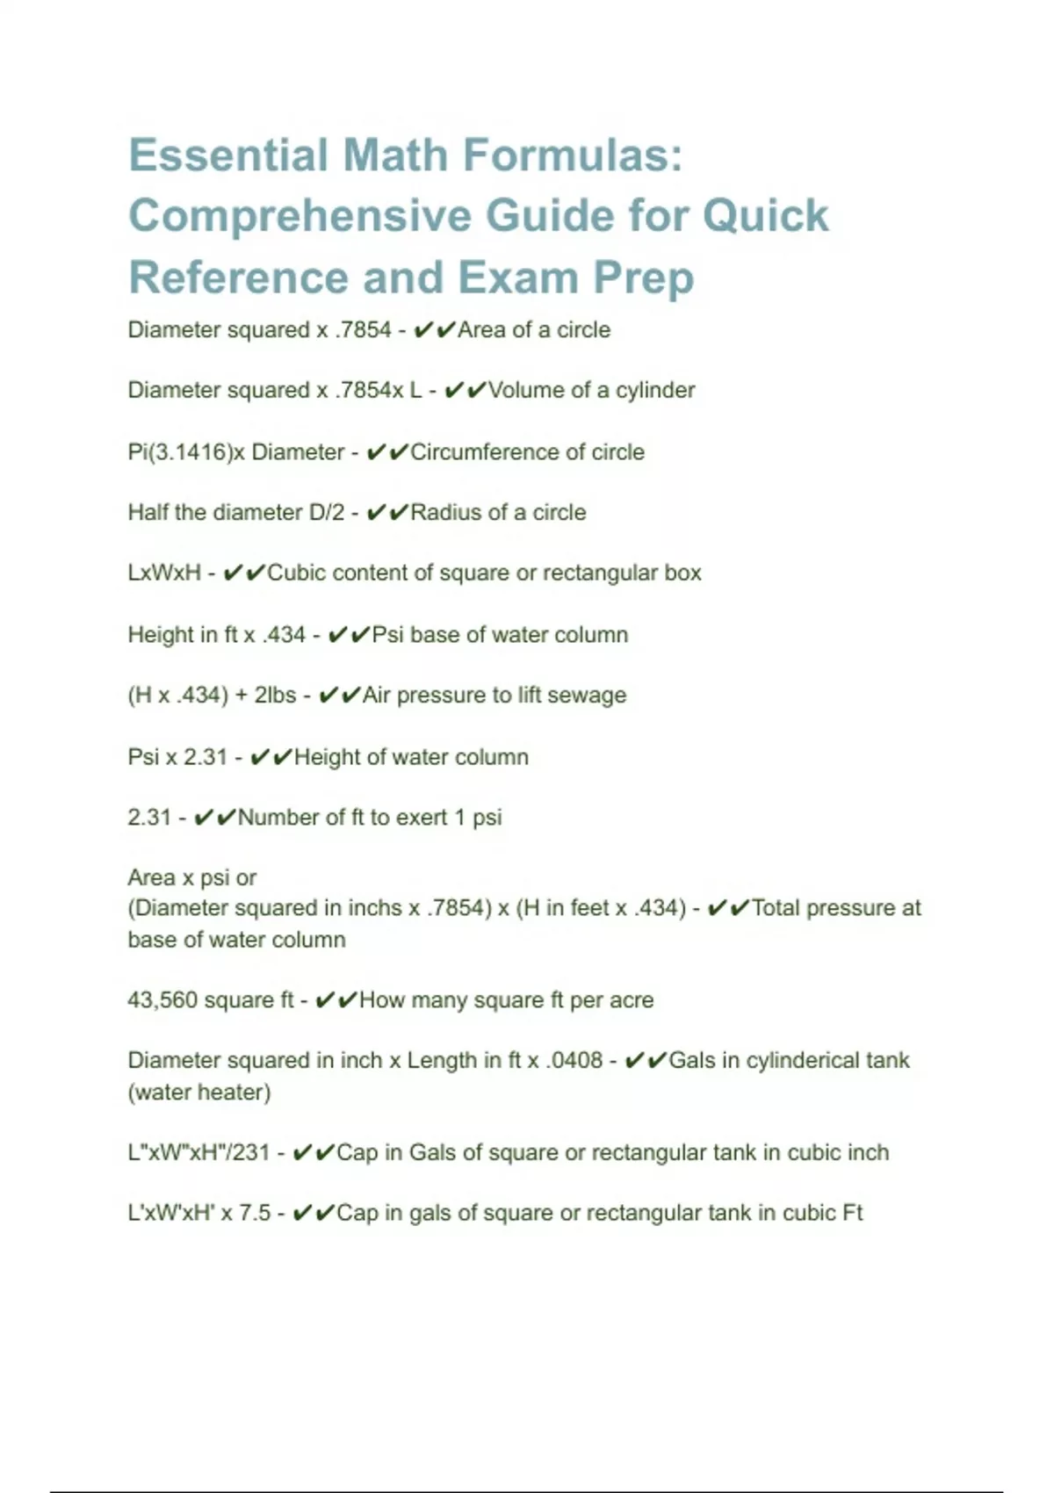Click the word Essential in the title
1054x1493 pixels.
click(x=227, y=155)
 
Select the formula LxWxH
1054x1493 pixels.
click(x=164, y=573)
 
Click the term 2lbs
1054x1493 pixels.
click(x=275, y=696)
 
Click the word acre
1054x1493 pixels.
click(x=632, y=1000)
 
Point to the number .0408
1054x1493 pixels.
click(x=574, y=1061)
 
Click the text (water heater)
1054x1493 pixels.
click(x=199, y=1093)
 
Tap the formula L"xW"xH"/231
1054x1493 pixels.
click(x=199, y=1153)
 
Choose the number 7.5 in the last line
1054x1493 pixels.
click(x=254, y=1214)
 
